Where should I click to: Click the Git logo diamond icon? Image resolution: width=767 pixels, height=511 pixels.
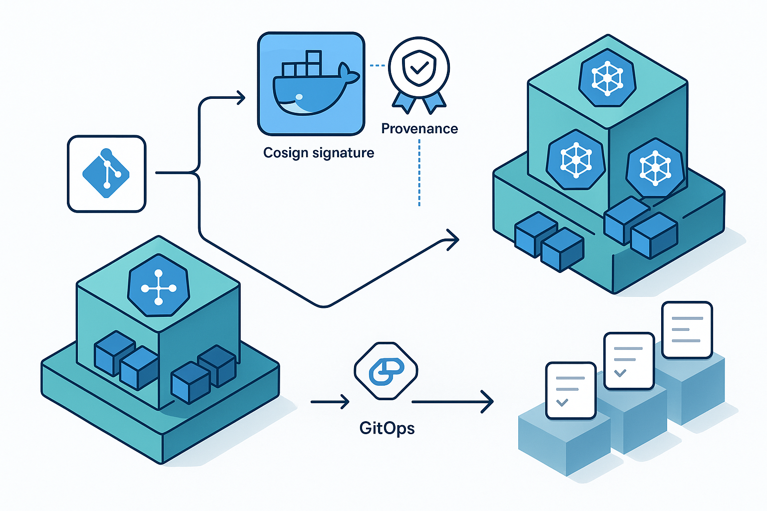click(106, 173)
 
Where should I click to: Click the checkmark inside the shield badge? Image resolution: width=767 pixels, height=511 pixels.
click(419, 67)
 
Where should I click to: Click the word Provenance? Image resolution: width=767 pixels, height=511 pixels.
click(419, 129)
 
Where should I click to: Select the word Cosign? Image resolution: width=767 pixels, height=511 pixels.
click(287, 153)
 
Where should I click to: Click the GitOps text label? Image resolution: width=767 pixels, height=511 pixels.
click(387, 428)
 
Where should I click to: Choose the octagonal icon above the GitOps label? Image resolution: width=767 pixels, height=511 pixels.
click(386, 371)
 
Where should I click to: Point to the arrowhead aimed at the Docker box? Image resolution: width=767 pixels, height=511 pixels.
click(241, 98)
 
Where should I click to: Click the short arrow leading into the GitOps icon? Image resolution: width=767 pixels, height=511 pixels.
click(330, 401)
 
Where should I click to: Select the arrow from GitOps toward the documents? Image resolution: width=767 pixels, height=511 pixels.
click(452, 401)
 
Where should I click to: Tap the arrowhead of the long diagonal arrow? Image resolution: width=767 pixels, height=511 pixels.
click(453, 240)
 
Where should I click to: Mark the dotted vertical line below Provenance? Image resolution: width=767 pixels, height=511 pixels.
click(419, 173)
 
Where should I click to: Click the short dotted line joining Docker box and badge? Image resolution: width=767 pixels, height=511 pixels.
click(377, 65)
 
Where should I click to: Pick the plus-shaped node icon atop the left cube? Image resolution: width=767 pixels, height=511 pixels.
click(159, 288)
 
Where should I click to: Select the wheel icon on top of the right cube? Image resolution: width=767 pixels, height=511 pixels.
click(607, 78)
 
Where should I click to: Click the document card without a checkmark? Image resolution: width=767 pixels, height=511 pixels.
click(687, 329)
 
